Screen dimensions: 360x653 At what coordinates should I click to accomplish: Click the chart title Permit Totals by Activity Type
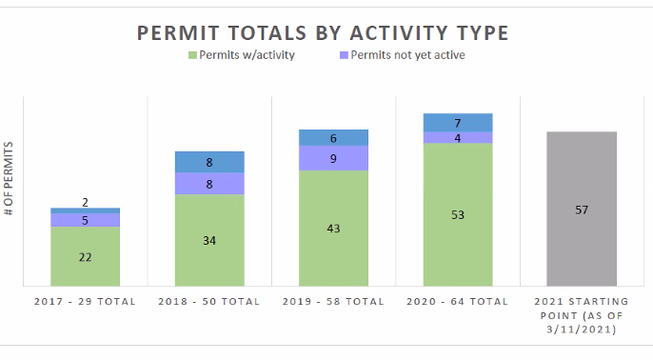point(323,33)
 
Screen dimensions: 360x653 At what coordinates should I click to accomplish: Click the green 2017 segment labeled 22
point(85,256)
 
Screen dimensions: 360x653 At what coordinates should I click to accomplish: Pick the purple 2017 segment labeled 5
point(85,220)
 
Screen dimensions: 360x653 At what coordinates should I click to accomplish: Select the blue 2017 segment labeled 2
point(85,210)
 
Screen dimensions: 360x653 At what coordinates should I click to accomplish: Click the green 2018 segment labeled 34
point(209,240)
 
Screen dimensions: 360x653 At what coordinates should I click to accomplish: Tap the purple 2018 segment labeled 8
point(209,184)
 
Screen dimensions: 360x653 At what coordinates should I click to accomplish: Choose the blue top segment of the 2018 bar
point(209,162)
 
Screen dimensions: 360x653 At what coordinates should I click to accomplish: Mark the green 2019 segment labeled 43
point(333,229)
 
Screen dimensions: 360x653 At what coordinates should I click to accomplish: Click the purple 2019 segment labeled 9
point(333,158)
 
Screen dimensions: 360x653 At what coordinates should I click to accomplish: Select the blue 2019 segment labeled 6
point(333,138)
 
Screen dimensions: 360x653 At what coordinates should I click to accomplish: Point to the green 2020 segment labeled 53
point(458,214)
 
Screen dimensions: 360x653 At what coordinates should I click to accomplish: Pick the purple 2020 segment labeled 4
point(458,138)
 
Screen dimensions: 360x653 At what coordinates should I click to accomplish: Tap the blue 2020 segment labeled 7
point(458,123)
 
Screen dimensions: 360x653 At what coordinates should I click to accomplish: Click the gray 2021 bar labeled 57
point(582,209)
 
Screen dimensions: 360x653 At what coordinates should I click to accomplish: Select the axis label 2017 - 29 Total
point(85,302)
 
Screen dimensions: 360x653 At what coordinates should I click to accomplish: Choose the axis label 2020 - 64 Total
point(458,302)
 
